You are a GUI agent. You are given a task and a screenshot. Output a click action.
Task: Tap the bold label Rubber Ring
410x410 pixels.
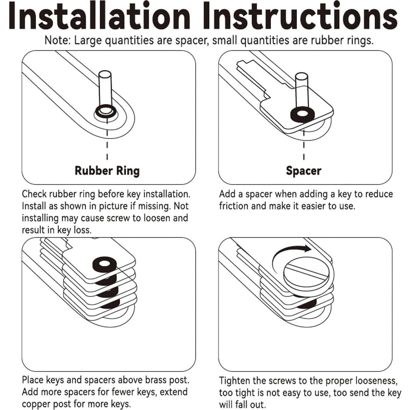pos(107,171)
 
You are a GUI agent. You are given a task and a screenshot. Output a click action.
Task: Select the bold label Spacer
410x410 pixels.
pos(304,171)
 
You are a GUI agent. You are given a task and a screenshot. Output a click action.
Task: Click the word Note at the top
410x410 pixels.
pos(57,41)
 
